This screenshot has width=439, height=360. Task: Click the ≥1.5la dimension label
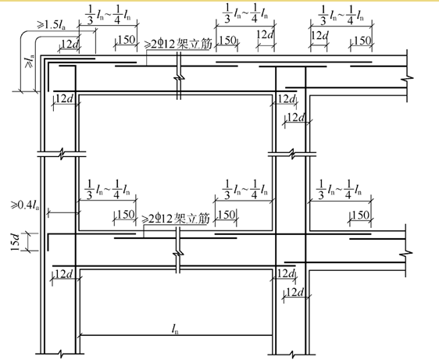[x=52, y=25]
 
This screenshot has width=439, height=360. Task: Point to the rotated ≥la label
[x=30, y=62]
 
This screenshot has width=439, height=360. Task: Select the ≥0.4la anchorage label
[x=25, y=205]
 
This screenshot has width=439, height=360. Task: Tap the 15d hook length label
[x=15, y=242]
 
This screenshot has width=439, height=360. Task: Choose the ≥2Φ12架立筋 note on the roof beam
[x=177, y=45]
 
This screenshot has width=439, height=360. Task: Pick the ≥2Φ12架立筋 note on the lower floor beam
[x=176, y=219]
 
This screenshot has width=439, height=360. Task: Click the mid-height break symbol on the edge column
[x=62, y=155]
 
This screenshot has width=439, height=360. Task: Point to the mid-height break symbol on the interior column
[x=292, y=155]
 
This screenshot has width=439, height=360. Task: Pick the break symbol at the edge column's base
[x=61, y=354]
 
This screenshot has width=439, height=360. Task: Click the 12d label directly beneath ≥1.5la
[x=70, y=44]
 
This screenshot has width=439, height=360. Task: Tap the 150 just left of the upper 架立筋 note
[x=127, y=40]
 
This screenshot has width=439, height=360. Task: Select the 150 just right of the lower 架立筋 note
[x=227, y=215]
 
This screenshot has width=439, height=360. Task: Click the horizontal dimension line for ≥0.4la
[x=63, y=213]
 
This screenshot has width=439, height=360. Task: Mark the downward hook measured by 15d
[x=48, y=242]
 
